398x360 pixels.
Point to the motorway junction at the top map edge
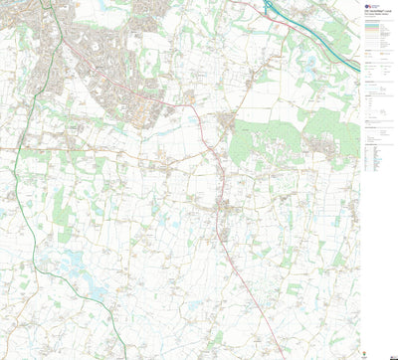coord(268,3)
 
